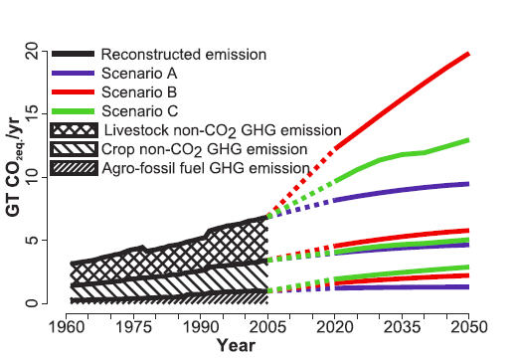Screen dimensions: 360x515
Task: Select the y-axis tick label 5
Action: click(31, 240)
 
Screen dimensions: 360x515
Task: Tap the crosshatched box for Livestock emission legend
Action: click(74, 131)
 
